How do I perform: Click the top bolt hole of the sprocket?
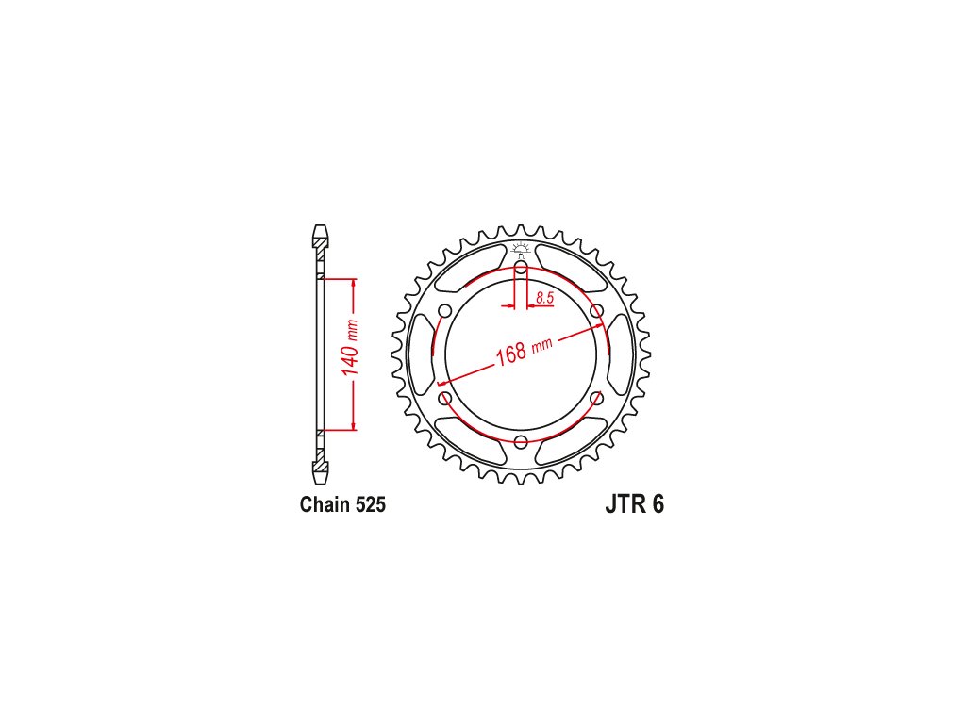point(521,268)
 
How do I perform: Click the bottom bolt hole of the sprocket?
point(521,441)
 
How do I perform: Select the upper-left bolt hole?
point(445,311)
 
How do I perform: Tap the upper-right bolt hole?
point(597,311)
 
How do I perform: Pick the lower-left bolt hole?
point(445,399)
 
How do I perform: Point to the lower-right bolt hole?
point(597,399)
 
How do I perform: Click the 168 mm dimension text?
point(524,352)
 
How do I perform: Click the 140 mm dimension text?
point(349,348)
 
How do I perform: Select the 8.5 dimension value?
point(544,298)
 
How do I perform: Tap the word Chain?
point(325,504)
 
